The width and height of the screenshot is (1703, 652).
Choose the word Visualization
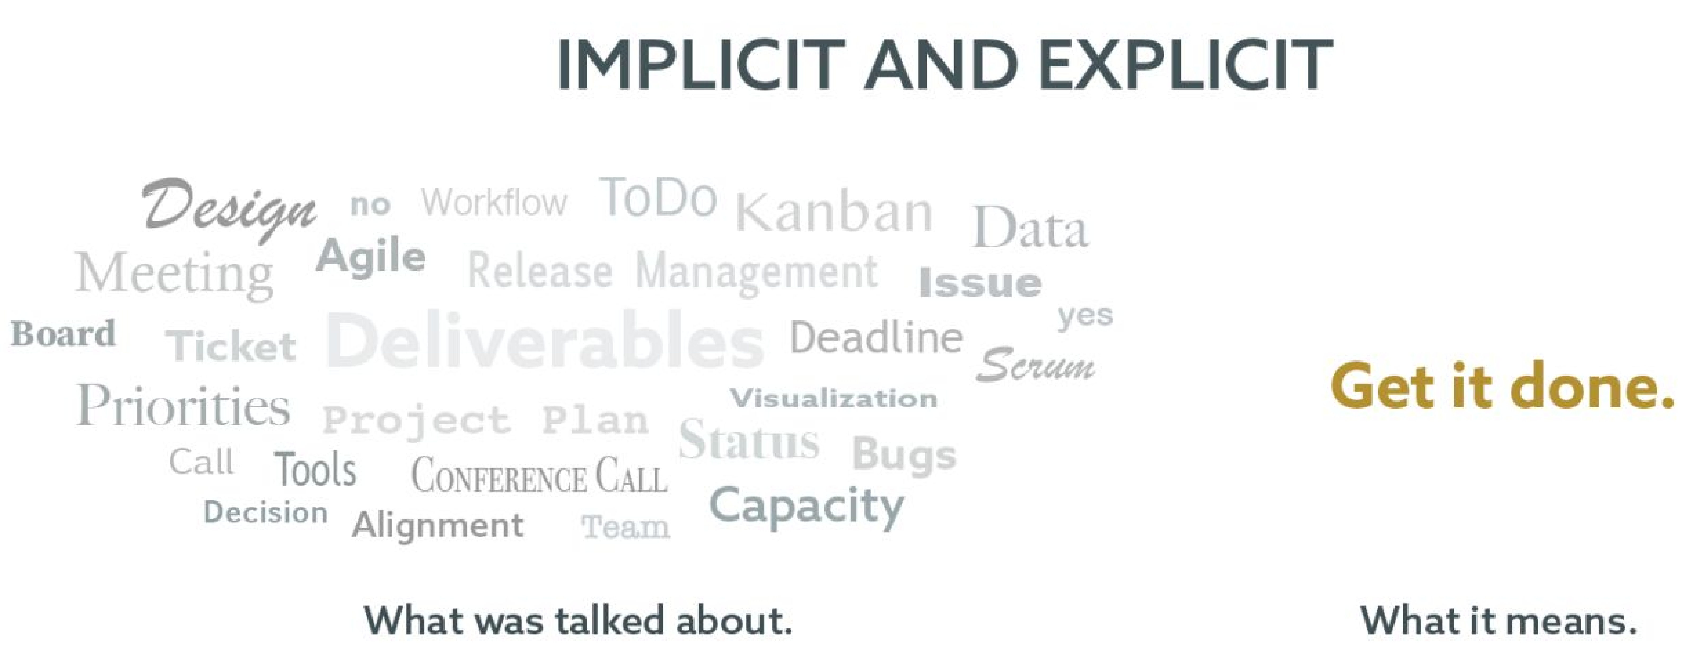(834, 398)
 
